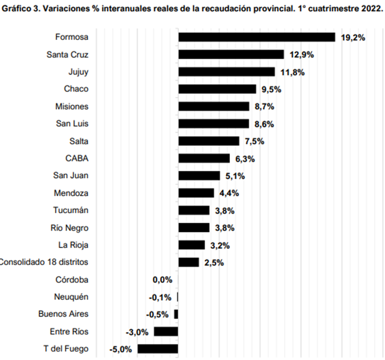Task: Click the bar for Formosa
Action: coord(256,37)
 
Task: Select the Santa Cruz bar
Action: coord(231,54)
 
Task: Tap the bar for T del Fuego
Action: coord(158,349)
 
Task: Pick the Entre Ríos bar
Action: coord(166,331)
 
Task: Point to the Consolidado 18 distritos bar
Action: coord(189,262)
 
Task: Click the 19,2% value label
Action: coord(353,38)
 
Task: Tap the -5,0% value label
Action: coord(121,350)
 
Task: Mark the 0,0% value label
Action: coord(162,280)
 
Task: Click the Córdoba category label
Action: coord(72,280)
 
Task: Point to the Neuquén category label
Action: coord(71,297)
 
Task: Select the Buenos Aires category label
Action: coord(63,314)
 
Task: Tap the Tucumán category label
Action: coord(70,210)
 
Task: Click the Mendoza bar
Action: coord(196,193)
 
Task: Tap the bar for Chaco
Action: coord(217,89)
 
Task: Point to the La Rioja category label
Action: coord(73,245)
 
